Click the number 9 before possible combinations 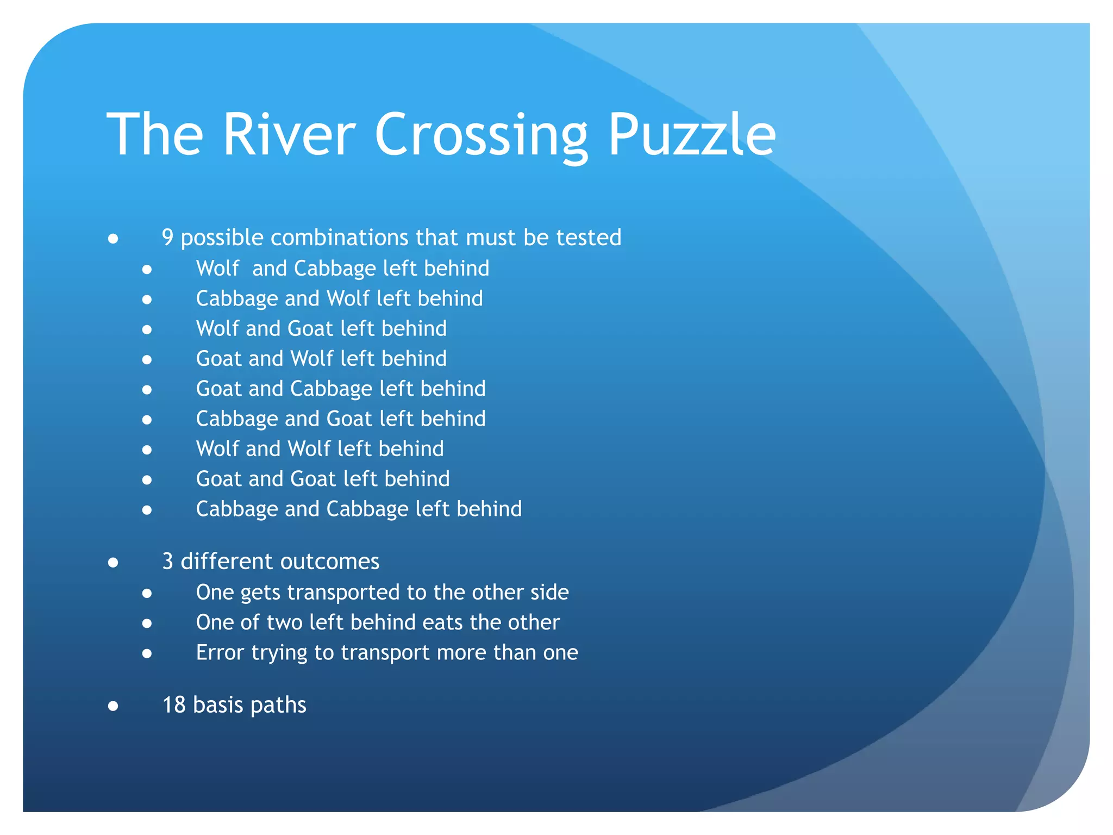[168, 238]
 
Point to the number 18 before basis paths [174, 705]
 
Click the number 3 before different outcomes [168, 562]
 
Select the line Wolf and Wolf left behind [320, 449]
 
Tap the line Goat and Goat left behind [323, 479]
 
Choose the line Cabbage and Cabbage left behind [359, 509]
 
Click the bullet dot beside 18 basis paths [113, 706]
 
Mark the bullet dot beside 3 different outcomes [113, 563]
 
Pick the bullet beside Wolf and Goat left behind [147, 329]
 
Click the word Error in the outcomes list [220, 652]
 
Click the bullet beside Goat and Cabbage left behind [147, 390]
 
